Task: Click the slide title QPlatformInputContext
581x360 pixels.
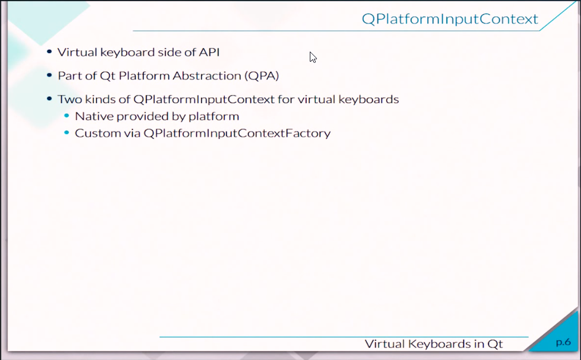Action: (450, 19)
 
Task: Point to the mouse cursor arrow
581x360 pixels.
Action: (313, 58)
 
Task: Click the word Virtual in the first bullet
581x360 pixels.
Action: (77, 52)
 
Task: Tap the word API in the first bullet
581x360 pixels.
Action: (209, 52)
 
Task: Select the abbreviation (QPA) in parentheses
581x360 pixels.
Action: (262, 76)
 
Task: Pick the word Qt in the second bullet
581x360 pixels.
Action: (107, 76)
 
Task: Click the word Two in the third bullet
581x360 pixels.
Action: (69, 99)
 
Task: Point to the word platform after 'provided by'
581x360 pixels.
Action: (214, 117)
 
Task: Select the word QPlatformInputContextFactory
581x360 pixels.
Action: (237, 133)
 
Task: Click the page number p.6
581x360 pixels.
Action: (563, 342)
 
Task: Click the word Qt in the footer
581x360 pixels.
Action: (495, 344)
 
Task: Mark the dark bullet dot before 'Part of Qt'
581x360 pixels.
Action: (49, 75)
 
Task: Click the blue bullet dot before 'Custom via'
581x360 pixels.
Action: (66, 132)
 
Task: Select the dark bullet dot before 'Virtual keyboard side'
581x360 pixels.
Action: (49, 52)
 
